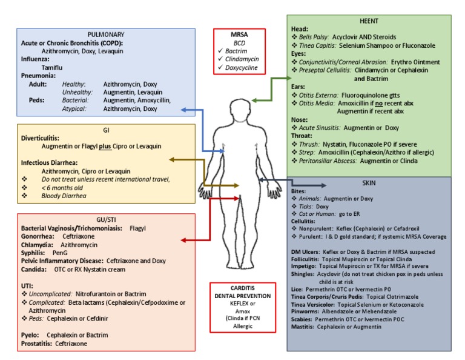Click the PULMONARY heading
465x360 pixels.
[x=105, y=35]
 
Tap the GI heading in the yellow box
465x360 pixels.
[x=106, y=130]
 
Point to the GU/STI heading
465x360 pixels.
[x=106, y=219]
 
